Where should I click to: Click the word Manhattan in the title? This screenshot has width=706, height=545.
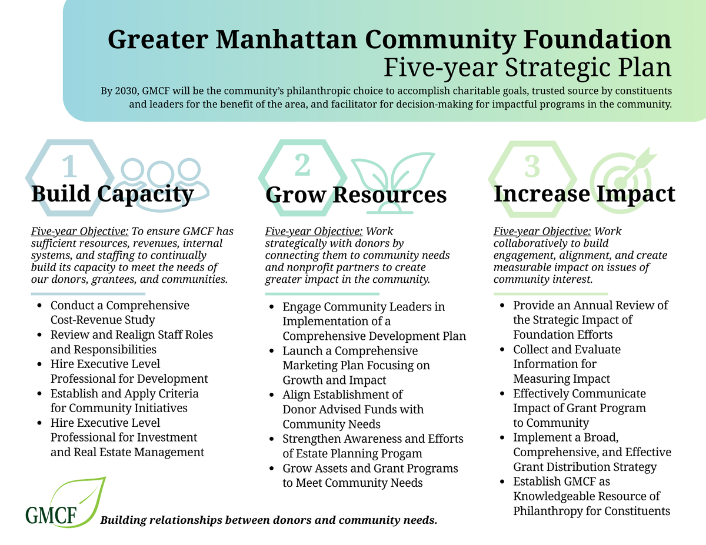point(287,39)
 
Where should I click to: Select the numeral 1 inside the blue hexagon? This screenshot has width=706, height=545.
point(69,166)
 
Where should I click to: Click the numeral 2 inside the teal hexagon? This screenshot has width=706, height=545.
point(302,165)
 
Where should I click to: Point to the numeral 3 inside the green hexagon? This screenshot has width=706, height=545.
point(532,166)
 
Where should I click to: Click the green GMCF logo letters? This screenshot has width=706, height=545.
point(51,515)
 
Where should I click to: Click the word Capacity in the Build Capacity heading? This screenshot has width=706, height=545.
point(145,195)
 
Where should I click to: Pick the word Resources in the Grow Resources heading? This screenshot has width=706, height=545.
point(389,195)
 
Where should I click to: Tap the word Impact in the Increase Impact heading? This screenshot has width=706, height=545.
point(636,195)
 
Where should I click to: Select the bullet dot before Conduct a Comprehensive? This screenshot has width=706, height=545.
point(39,305)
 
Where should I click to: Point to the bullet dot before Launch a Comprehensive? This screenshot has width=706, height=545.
point(272,351)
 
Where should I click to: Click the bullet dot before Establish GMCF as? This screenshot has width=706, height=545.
point(502,482)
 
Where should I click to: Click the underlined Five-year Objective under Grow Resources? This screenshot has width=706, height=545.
point(314,231)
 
